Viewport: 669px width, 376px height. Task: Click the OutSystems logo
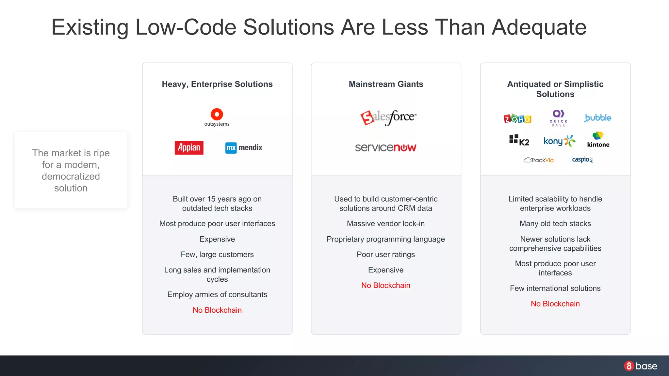pos(217,117)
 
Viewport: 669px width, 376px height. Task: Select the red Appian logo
pos(189,148)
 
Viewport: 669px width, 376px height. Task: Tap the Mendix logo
pos(244,148)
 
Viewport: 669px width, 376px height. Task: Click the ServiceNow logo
pos(385,148)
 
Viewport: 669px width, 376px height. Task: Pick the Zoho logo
pos(517,118)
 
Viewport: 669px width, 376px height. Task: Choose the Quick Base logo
pos(558,118)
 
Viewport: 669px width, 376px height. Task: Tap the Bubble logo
pos(598,118)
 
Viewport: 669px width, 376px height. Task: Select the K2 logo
pos(519,140)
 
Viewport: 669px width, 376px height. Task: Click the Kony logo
pos(559,141)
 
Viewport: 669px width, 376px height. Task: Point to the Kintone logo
pos(598,140)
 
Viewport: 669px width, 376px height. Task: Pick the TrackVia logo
pos(539,160)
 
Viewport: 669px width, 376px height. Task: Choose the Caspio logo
pos(582,160)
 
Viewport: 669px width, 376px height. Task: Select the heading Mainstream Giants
pos(386,84)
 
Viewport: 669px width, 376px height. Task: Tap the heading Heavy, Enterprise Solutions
pos(217,84)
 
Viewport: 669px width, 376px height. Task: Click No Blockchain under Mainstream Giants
pos(385,285)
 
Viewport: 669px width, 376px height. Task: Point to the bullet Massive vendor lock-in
pos(385,224)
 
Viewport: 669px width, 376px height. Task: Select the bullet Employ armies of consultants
pos(217,294)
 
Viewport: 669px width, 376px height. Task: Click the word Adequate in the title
pos(539,27)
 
